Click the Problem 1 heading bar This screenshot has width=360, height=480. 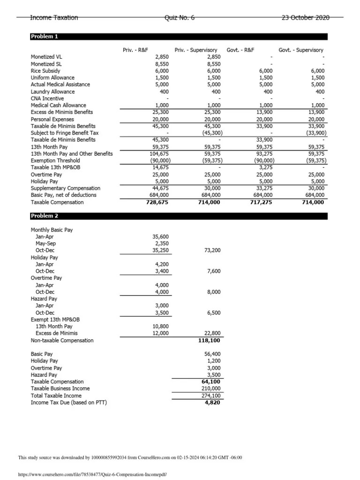pyautogui.click(x=179, y=37)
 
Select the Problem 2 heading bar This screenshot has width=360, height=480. pyautogui.click(x=179, y=216)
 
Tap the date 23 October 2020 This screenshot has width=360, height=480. pyautogui.click(x=305, y=18)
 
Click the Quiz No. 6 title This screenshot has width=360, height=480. pyautogui.click(x=180, y=18)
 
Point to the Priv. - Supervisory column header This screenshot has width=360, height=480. pyautogui.click(x=196, y=50)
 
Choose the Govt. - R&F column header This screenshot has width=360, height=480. pyautogui.click(x=240, y=50)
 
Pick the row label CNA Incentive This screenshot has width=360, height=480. pyautogui.click(x=47, y=98)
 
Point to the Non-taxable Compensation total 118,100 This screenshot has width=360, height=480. pyautogui.click(x=209, y=340)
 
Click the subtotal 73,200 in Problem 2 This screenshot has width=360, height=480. pyautogui.click(x=211, y=250)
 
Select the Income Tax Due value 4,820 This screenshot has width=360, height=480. pyautogui.click(x=212, y=402)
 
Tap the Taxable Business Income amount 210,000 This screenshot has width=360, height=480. pyautogui.click(x=210, y=389)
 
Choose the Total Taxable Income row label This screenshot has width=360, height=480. pyautogui.click(x=56, y=396)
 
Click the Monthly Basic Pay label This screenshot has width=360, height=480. pyautogui.click(x=52, y=230)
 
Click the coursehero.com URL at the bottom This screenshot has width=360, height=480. pyautogui.click(x=92, y=474)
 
